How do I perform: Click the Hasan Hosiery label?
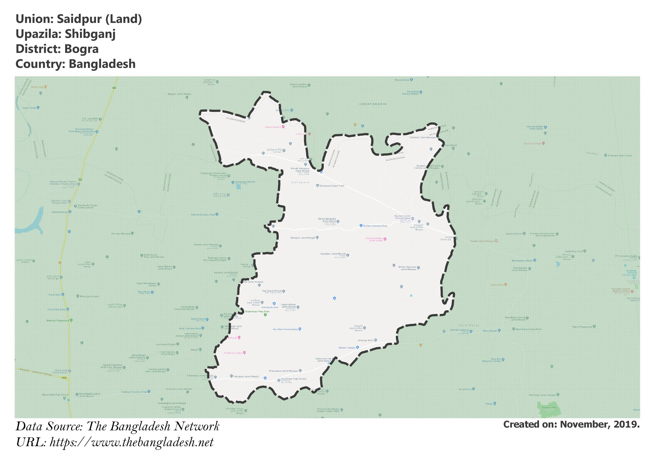point(273,127)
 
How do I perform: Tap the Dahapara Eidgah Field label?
point(332,186)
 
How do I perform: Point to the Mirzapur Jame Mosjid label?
point(302,238)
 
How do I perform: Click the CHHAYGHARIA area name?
point(373,104)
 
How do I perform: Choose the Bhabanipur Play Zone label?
point(257,311)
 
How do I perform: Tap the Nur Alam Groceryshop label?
point(285,329)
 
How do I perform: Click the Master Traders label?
point(347,348)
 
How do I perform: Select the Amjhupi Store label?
point(366,340)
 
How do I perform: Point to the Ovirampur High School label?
point(293,379)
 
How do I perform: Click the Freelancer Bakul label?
point(233,353)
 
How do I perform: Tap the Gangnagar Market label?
point(245,182)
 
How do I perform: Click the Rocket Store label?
point(402,80)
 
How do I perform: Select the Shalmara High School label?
point(620,156)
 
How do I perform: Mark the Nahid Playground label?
point(582,327)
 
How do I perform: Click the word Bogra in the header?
point(81,49)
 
